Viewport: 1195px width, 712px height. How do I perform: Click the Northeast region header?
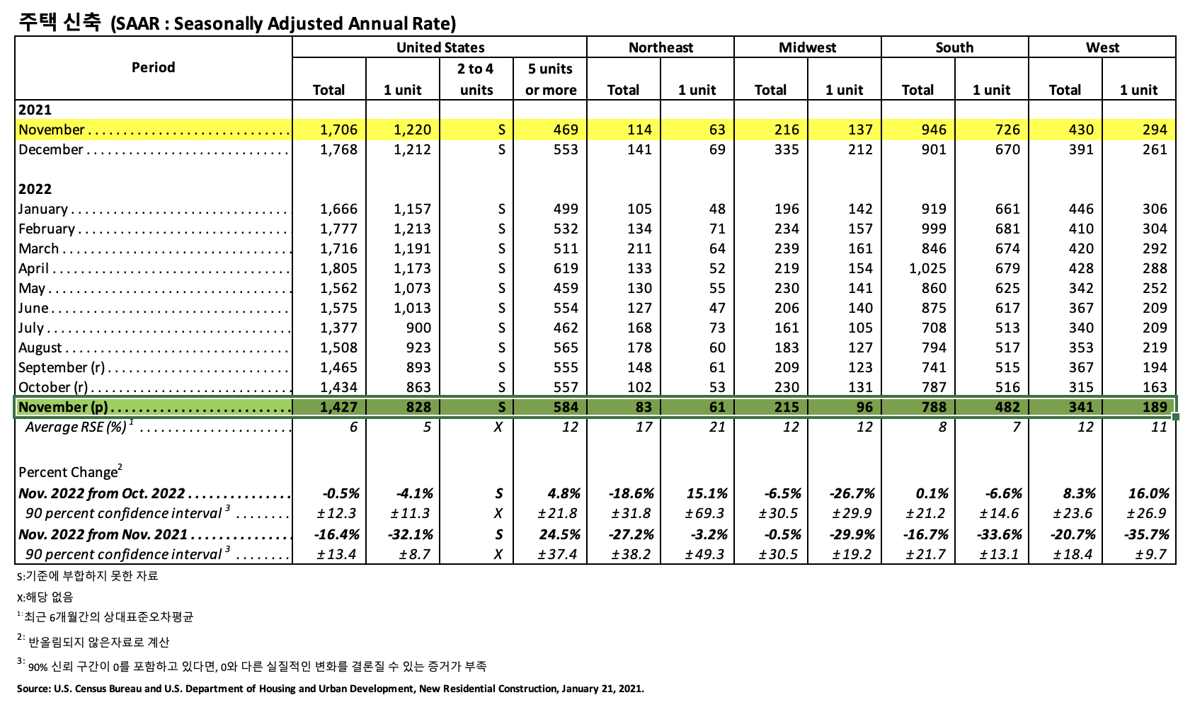(x=661, y=47)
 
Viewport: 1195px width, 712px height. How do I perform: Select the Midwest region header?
(x=807, y=47)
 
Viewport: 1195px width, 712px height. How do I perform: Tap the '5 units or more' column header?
(x=550, y=79)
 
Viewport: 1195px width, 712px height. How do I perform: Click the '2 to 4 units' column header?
(x=476, y=79)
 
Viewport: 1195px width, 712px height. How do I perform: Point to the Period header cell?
(x=153, y=67)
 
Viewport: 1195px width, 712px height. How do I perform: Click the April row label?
(x=34, y=268)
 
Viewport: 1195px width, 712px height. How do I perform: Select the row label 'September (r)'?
(x=62, y=367)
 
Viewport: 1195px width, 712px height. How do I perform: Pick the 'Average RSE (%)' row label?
(x=76, y=427)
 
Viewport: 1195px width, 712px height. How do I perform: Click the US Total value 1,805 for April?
(x=339, y=268)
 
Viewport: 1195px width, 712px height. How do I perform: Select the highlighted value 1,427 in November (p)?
(x=339, y=407)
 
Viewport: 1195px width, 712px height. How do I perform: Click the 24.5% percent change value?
(x=560, y=534)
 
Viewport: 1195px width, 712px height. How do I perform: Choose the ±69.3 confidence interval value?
(x=705, y=513)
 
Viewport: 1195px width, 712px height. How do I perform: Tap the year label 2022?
(x=35, y=189)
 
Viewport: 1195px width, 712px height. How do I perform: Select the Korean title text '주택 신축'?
(x=59, y=22)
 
